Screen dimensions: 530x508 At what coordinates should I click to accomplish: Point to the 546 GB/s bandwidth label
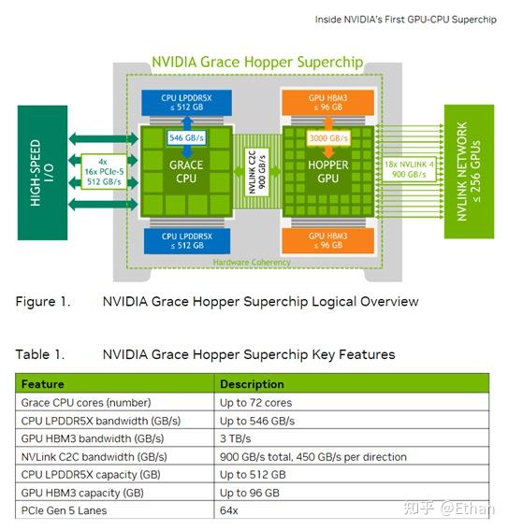[187, 137]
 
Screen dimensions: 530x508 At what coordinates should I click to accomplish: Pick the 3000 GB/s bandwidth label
[329, 137]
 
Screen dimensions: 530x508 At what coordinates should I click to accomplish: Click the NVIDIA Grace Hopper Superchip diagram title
[257, 63]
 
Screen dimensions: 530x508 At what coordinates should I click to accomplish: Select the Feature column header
[43, 384]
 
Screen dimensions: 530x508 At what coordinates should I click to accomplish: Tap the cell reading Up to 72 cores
[255, 403]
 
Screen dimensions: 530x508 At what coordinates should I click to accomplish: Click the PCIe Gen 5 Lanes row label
[65, 511]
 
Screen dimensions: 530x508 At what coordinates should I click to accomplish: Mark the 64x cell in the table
[229, 511]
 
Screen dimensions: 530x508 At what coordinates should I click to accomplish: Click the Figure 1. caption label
[42, 302]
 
